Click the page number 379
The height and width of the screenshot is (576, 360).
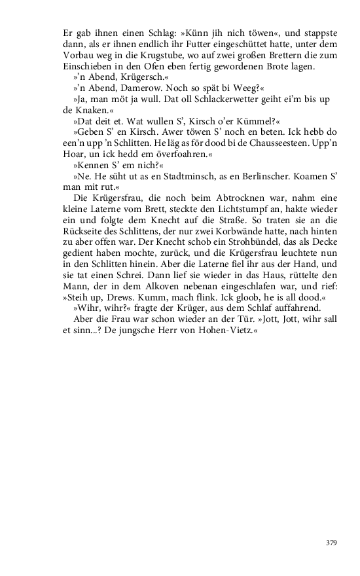point(331,543)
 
